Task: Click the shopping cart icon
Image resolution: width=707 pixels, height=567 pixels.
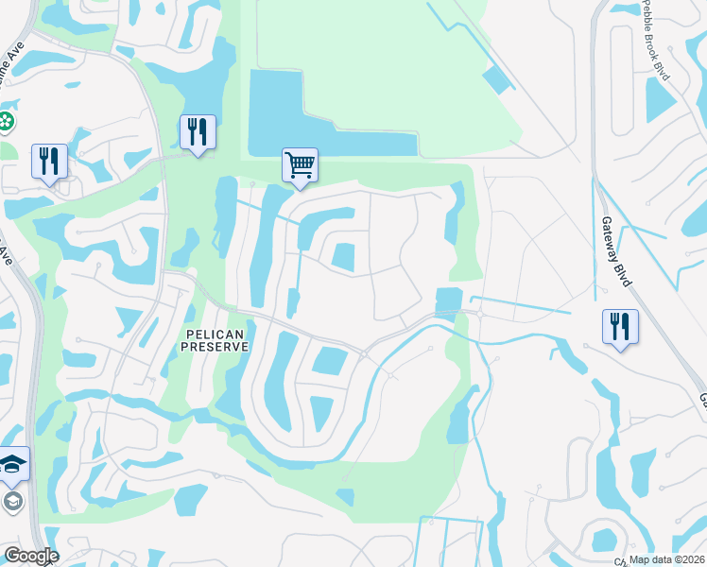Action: [x=300, y=164]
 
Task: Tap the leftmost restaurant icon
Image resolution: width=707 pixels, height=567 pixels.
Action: [x=48, y=161]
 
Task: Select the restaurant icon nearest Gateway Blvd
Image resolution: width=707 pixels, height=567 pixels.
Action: [x=619, y=326]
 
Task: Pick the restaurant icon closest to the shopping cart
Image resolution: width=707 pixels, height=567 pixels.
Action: [x=198, y=130]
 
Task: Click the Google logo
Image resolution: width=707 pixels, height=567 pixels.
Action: [x=30, y=556]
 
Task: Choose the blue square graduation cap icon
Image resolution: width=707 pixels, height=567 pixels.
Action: [x=12, y=463]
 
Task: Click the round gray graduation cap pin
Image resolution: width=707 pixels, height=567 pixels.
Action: [x=13, y=500]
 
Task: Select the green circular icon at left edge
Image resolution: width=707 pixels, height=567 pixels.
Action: [x=6, y=121]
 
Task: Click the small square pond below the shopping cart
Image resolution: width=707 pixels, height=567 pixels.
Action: [x=344, y=255]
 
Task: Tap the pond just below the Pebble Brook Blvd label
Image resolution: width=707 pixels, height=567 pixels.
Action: [x=661, y=102]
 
